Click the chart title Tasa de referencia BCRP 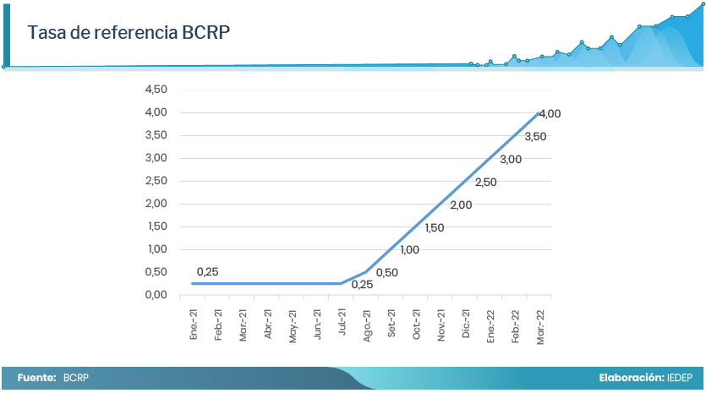129,33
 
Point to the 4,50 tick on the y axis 156,90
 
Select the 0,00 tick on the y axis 156,295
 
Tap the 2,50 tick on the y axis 156,181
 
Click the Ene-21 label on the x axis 194,325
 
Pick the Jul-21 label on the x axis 342,325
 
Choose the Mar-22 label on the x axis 540,325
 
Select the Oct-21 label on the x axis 417,325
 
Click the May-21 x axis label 293,325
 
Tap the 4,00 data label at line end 550,113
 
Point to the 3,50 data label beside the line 535,136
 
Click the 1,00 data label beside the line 410,249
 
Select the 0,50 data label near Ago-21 386,272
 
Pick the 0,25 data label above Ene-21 207,271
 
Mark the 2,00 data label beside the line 461,205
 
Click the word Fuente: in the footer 36,378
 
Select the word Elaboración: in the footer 631,378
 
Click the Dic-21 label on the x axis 466,325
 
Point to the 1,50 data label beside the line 435,227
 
